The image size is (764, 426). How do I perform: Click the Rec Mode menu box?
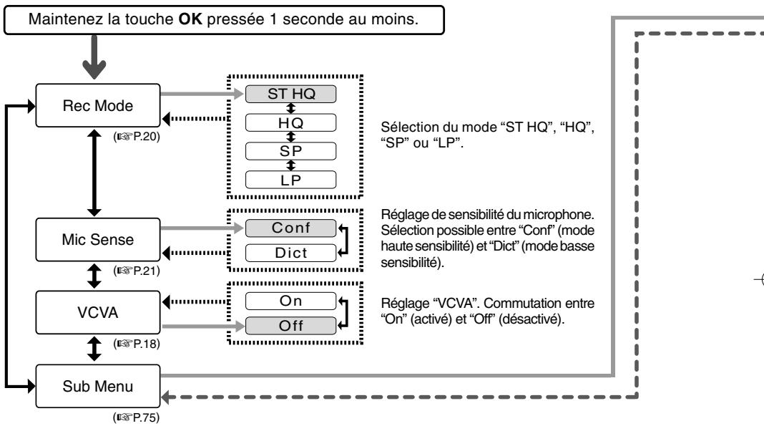point(98,105)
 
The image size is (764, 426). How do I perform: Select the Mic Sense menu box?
point(98,239)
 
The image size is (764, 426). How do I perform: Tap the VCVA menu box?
point(98,312)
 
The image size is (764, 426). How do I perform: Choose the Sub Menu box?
point(98,386)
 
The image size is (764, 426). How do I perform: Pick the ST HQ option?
point(291,94)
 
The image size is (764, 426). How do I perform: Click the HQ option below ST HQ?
point(291,122)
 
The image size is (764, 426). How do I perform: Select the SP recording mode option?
point(291,151)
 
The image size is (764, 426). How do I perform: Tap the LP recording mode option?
point(291,180)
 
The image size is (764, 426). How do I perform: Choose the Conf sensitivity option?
point(291,228)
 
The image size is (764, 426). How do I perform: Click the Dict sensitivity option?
point(291,253)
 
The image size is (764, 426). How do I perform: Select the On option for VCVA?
point(291,301)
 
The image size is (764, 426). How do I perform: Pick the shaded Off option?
point(291,326)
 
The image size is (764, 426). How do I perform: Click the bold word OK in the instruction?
point(190,19)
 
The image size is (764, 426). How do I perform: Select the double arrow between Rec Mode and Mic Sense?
point(94,173)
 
